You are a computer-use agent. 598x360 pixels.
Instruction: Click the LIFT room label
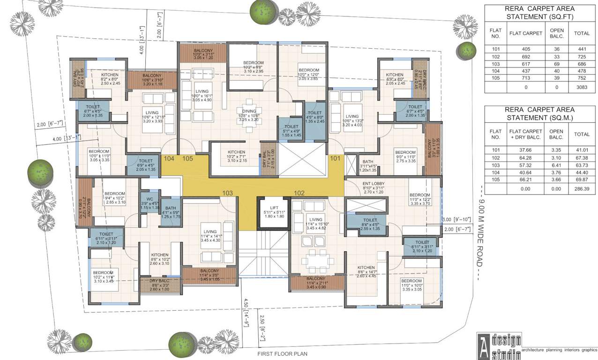274,208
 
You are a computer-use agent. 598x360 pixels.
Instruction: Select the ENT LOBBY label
374,183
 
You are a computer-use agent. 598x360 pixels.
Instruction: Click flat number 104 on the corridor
169,158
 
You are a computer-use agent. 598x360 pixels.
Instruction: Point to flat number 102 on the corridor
299,193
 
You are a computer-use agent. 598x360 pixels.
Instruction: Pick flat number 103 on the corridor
228,193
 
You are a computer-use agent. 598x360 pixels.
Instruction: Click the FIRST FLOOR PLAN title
283,354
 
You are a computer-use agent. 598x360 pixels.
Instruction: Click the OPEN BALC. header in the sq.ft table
556,33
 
